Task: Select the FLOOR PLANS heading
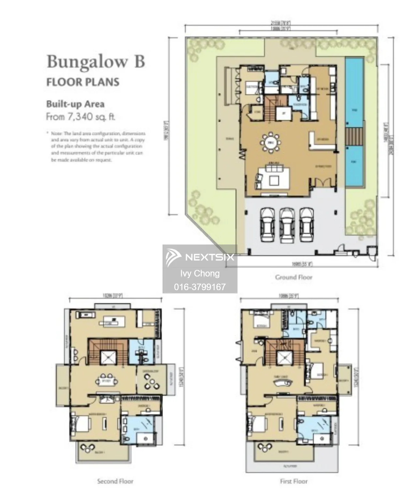click(x=83, y=82)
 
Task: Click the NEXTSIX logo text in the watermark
click(x=209, y=257)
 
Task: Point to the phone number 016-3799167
click(x=200, y=287)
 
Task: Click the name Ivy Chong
click(x=200, y=273)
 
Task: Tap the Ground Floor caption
click(x=293, y=277)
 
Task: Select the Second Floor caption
click(x=115, y=481)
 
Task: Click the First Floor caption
click(x=293, y=481)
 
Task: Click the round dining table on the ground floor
click(x=270, y=142)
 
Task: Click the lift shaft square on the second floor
click(x=108, y=358)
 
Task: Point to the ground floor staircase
click(x=271, y=109)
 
